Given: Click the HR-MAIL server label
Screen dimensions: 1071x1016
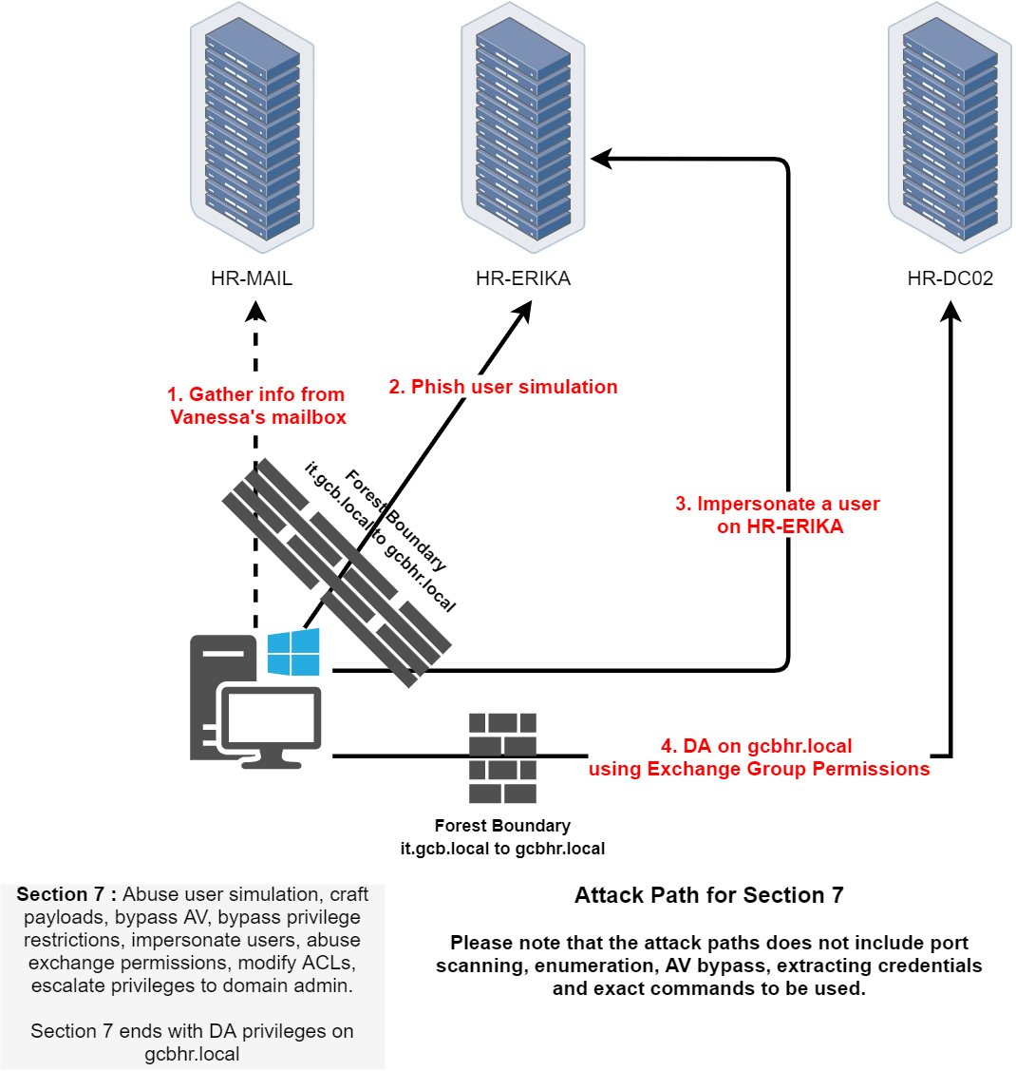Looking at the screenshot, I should point(252,278).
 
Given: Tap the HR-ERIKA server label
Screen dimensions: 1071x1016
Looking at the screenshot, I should point(523,278).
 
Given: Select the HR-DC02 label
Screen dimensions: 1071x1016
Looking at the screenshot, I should point(950,278).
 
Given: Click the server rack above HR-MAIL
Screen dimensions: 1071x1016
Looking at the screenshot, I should point(252,128).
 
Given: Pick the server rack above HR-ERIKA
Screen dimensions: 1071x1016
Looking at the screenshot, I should point(523,128).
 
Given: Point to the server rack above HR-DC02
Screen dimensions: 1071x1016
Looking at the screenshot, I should point(950,128).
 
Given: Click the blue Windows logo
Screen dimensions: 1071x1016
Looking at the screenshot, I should point(293,651).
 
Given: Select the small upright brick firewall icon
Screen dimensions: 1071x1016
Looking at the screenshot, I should point(503,757).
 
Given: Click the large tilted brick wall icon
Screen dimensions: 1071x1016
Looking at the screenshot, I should point(336,572).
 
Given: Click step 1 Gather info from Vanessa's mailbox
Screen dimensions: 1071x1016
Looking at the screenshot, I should point(257,406).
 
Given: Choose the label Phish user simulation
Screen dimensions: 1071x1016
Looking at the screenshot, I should point(503,387).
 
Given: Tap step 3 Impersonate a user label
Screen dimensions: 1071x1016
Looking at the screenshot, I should point(780,514).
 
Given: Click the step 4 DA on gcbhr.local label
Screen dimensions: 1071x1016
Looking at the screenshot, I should point(759,757).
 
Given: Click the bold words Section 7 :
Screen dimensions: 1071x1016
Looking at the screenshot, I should point(66,894).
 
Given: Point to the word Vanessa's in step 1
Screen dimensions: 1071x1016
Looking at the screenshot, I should point(214,417).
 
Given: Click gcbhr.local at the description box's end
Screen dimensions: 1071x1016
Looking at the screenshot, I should point(192,1054).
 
